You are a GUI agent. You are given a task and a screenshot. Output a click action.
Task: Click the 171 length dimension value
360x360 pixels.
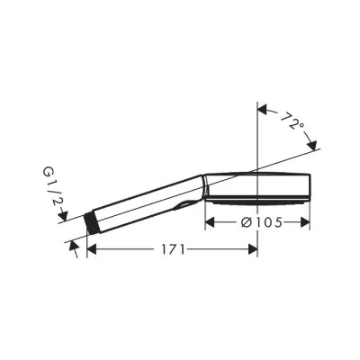[x=173, y=249]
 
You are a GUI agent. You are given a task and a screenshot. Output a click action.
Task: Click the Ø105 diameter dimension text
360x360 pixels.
[x=262, y=222]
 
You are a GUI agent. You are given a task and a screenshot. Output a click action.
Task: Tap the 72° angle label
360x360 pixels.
[x=292, y=121]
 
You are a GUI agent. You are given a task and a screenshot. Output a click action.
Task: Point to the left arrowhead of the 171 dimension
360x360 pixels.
[x=91, y=249]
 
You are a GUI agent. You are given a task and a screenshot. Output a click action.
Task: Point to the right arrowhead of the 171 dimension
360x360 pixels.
[x=253, y=249]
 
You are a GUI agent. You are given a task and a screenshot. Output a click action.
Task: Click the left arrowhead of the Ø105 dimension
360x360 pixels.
[x=209, y=222]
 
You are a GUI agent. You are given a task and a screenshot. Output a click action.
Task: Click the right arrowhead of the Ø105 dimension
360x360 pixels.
[x=305, y=222]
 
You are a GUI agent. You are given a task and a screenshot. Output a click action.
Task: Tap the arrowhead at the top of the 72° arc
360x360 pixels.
[x=263, y=109]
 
